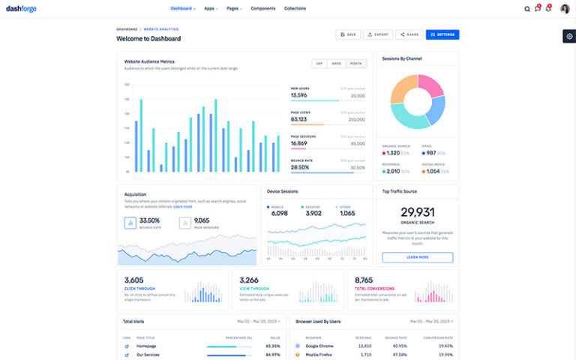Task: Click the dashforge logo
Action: coord(21,9)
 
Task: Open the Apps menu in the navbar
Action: coord(211,9)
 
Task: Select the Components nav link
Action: coord(262,9)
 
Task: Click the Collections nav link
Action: coord(295,9)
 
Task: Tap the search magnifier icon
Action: coord(526,9)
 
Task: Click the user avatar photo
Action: coord(565,9)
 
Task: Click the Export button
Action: coord(379,34)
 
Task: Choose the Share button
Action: coord(409,34)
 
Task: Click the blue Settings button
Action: coord(442,34)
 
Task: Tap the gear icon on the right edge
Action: coord(569,36)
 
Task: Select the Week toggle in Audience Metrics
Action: coord(337,64)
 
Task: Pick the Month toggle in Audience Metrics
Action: coord(356,64)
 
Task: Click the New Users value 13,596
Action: coord(299,96)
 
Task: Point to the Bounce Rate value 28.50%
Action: coord(300,167)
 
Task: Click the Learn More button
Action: coord(417,257)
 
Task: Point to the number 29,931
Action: coord(417,212)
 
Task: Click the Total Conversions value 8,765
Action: coord(364,280)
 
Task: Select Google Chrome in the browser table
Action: coord(319,346)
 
